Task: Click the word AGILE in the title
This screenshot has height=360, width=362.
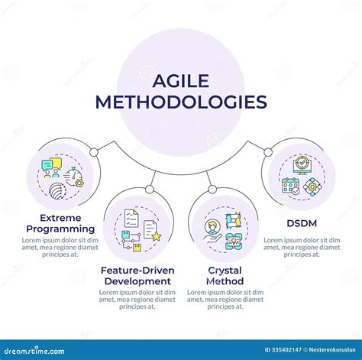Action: click(180, 79)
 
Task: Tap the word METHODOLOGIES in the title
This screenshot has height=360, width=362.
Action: click(181, 102)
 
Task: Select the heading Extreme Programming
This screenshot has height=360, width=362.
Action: click(60, 222)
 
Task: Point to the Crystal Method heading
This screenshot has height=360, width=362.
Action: click(225, 275)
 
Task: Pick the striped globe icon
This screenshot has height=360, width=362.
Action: click(58, 189)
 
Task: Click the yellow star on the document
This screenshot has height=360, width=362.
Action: click(156, 237)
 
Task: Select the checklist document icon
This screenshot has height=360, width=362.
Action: click(129, 219)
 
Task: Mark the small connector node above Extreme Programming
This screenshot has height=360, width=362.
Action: click(93, 152)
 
